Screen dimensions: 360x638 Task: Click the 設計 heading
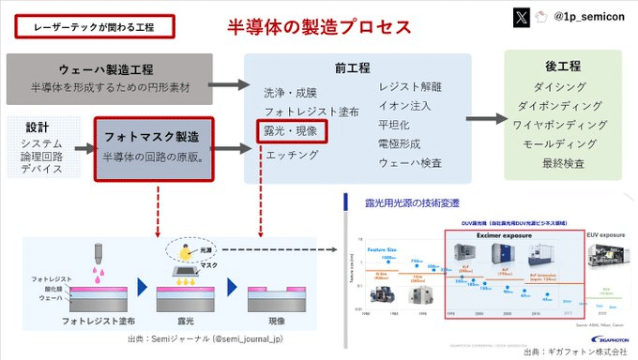point(38,127)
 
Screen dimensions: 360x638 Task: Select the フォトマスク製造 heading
point(158,136)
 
